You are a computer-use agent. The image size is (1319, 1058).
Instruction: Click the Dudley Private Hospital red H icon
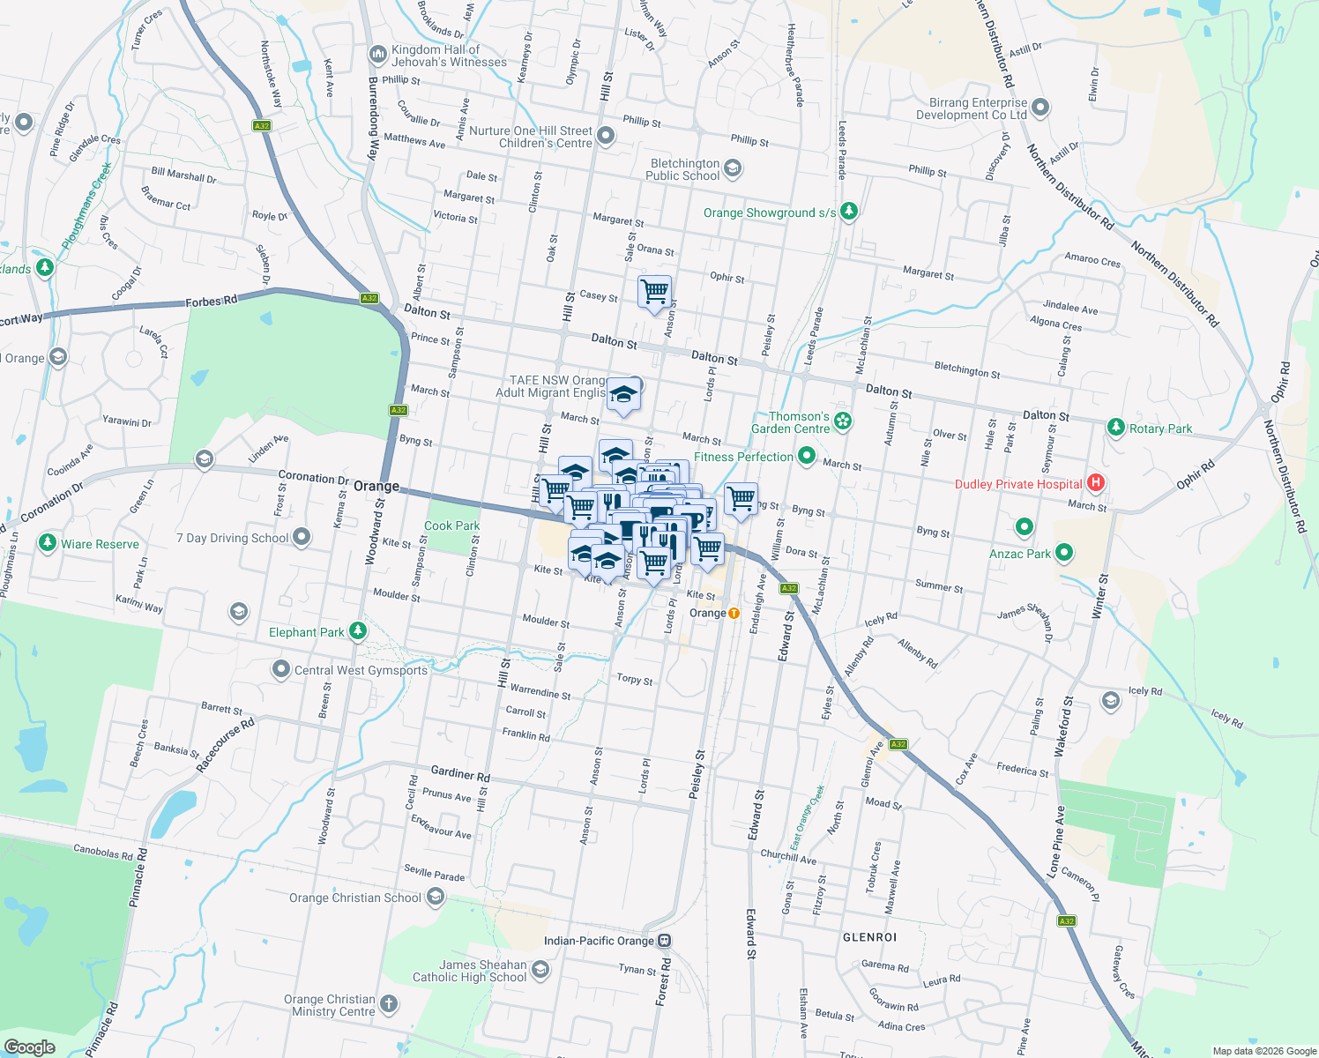pos(1096,482)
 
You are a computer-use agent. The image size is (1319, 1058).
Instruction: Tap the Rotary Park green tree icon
pos(1116,428)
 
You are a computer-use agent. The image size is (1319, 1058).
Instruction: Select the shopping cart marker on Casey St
pos(654,292)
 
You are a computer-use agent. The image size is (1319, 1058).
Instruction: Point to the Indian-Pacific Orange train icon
pos(665,941)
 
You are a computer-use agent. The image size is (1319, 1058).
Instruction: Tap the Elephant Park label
pos(306,632)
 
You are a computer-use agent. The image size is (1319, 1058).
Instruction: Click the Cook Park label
pos(451,525)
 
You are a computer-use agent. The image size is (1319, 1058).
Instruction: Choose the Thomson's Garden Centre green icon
pos(844,421)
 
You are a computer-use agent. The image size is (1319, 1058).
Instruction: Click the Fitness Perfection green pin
pos(806,456)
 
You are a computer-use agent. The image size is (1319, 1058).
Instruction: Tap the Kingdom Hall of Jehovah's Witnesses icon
pos(378,56)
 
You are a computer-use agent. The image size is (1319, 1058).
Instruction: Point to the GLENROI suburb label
pos(869,937)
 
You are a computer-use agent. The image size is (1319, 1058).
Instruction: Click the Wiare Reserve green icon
pos(48,543)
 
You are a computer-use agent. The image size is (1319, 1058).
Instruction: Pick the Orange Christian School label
pos(354,898)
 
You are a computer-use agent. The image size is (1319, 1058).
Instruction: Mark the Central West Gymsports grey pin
pos(281,669)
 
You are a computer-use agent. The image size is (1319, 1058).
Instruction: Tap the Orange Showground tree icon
pos(848,211)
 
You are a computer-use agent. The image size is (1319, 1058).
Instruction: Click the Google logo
pos(30,1047)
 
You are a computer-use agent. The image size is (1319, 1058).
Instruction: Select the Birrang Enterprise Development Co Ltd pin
pos(1040,108)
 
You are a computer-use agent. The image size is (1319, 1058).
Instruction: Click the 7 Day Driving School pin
pos(302,536)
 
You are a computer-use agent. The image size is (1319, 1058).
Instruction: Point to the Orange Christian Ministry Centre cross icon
pos(389,1003)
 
